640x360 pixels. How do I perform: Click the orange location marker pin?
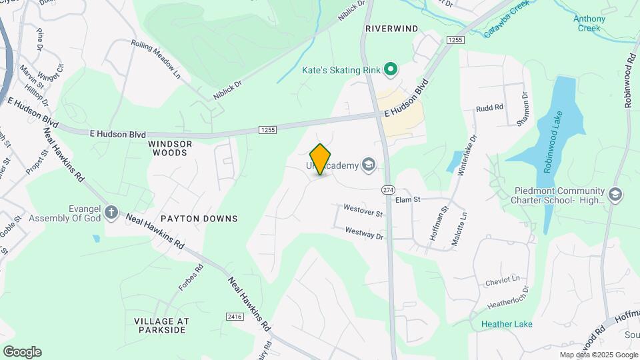pos(321,159)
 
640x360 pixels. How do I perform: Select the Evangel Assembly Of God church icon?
pos(111,213)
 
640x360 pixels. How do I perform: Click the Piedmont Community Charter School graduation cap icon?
pos(615,195)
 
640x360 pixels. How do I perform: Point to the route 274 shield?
pos(387,190)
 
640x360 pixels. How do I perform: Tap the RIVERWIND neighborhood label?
pos(391,29)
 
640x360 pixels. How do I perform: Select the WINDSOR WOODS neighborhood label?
pos(170,148)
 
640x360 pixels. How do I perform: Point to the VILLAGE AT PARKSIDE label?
pos(161,325)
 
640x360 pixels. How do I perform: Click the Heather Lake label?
pos(507,324)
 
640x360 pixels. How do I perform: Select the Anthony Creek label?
pos(589,23)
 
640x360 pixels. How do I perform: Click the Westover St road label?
pos(363,211)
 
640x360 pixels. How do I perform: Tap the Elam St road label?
pos(407,199)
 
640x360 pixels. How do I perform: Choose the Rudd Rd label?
pos(489,107)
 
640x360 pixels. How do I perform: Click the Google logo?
pos(22,352)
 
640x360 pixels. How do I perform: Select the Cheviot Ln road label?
pos(502,280)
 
